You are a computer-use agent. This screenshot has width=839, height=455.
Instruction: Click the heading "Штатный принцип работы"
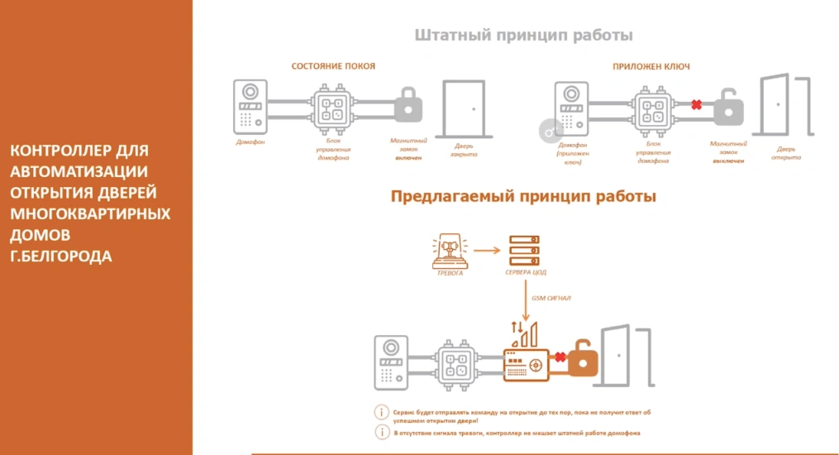coord(523,36)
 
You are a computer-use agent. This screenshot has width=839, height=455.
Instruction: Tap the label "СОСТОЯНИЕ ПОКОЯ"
coord(333,65)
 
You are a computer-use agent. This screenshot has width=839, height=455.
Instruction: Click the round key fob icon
coord(549,131)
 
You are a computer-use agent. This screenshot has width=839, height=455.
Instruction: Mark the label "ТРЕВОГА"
coord(450,272)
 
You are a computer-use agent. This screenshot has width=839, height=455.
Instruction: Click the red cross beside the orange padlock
coord(560,357)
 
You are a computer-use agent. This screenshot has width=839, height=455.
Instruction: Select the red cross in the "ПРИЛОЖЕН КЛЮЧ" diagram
coord(697,105)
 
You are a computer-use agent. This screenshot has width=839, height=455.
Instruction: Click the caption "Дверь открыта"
coord(786,154)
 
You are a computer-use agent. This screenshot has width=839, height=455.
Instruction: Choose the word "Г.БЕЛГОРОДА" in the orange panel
coord(61,256)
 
